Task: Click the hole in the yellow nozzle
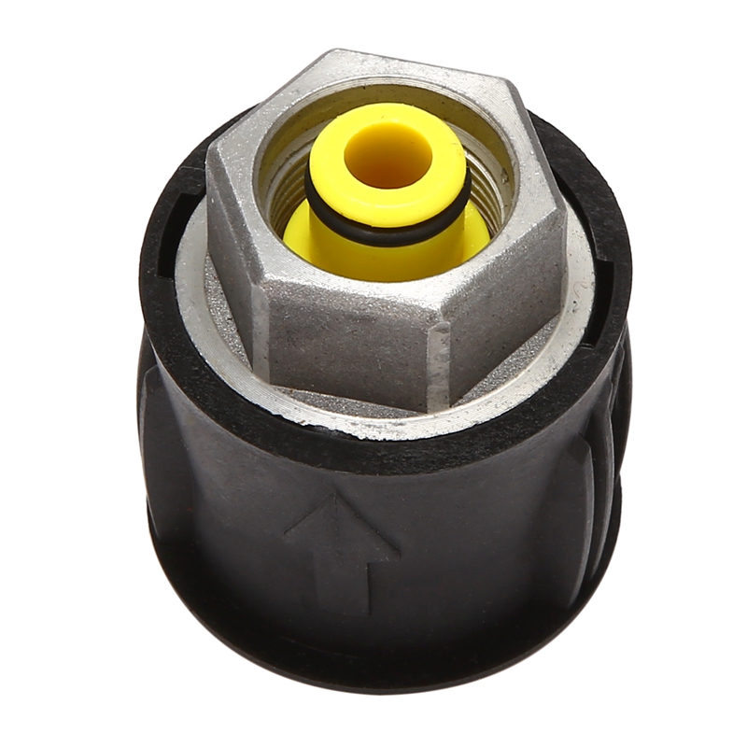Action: click(x=390, y=152)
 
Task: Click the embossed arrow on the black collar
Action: click(x=341, y=551)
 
